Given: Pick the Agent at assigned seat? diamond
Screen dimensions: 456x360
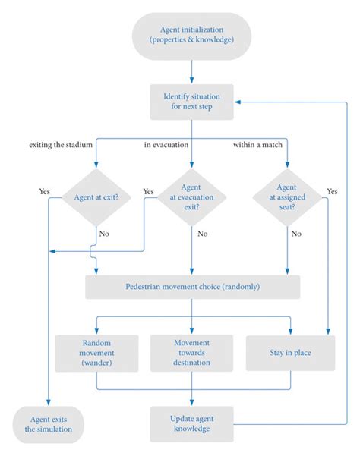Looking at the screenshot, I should [287, 197].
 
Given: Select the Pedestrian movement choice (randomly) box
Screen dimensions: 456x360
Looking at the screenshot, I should [192, 287].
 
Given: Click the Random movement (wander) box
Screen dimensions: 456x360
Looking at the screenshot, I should [96, 353].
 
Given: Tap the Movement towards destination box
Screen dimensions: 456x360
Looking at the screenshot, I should [191, 353].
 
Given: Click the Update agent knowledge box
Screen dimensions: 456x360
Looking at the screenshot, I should [191, 423].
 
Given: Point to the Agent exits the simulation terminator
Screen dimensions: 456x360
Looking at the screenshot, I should [49, 423].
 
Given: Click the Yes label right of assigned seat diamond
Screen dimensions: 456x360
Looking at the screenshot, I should [332, 191].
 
